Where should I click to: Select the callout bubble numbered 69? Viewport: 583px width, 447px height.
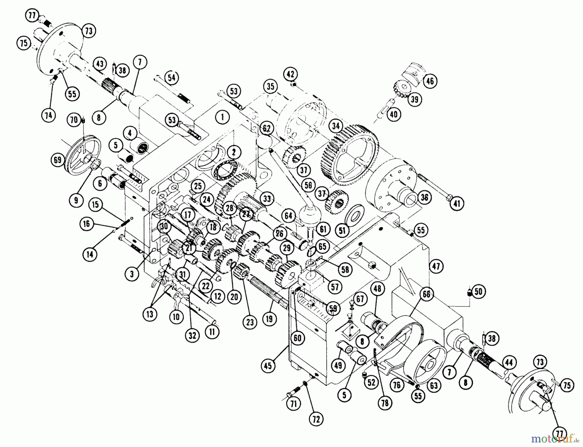[58, 160]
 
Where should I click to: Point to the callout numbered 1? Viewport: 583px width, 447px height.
[222, 117]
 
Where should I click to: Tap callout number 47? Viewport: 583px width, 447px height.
[436, 266]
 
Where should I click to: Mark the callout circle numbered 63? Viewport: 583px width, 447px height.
[434, 385]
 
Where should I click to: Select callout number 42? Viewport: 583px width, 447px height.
[291, 74]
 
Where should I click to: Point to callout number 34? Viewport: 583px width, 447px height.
[336, 125]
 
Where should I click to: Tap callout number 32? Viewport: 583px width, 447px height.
[192, 335]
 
